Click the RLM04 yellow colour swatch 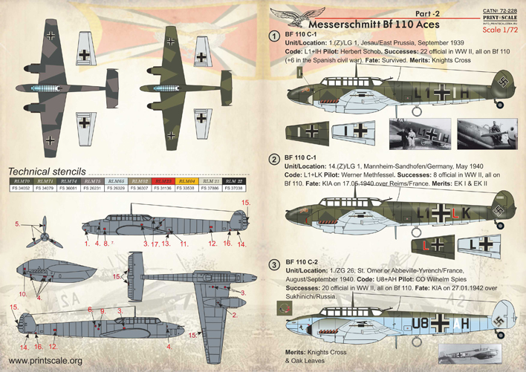(188, 181)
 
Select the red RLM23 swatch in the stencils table (162, 181)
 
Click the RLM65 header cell (115, 181)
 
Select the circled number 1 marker (275, 36)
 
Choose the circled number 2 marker (275, 159)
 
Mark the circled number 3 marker (275, 264)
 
